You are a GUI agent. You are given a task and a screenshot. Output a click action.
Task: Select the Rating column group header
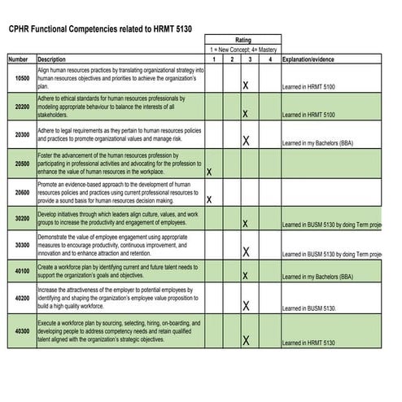coord(243,39)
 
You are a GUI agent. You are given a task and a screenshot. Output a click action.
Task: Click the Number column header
coord(18,59)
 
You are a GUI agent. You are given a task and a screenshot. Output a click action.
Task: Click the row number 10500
coord(22,78)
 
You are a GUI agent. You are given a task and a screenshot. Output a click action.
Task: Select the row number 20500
coord(22,163)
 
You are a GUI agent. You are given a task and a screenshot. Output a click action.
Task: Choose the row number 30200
coord(22,218)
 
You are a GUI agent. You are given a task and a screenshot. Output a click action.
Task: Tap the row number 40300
coord(22,331)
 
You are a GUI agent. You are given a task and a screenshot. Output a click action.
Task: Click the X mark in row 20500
coord(210,173)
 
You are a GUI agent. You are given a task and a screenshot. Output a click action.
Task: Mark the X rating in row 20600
coord(210,199)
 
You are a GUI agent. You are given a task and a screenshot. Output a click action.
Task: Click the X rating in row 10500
coord(246,85)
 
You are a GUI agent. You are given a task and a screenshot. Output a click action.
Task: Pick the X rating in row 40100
coord(246,277)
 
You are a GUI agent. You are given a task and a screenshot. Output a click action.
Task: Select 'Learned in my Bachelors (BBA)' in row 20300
coord(317,143)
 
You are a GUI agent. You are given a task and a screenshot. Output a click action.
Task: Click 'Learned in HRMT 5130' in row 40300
coord(308,343)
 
